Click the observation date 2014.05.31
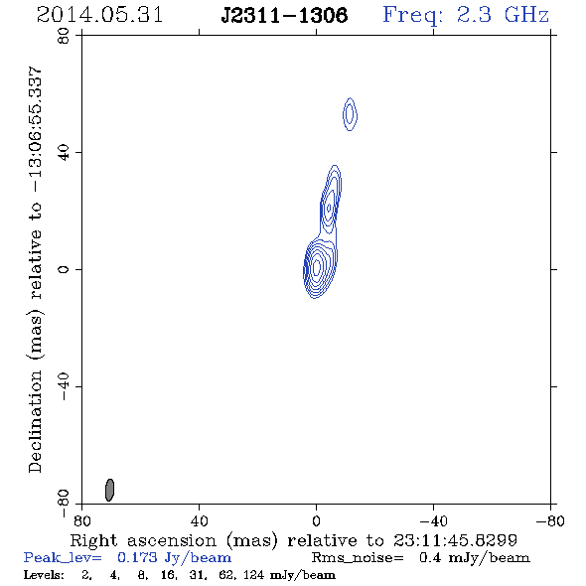pyautogui.click(x=99, y=15)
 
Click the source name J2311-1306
pyautogui.click(x=284, y=16)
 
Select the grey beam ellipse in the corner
pyautogui.click(x=109, y=490)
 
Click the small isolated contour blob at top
pyautogui.click(x=350, y=114)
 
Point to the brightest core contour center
pyautogui.click(x=317, y=267)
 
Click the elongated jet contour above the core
pyautogui.click(x=331, y=202)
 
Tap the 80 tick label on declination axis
pyautogui.click(x=64, y=36)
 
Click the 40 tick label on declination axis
pyautogui.click(x=64, y=153)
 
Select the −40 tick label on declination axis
pyautogui.click(x=64, y=386)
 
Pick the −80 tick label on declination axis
pyautogui.click(x=64, y=504)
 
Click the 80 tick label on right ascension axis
pyautogui.click(x=81, y=521)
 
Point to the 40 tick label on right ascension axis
pyautogui.click(x=200, y=521)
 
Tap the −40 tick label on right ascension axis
pyautogui.click(x=433, y=521)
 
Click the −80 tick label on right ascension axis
pyautogui.click(x=550, y=521)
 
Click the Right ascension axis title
pyautogui.click(x=293, y=541)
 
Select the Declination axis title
pyautogui.click(x=35, y=270)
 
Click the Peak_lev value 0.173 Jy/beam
pyautogui.click(x=174, y=558)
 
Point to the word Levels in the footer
pyautogui.click(x=44, y=575)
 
